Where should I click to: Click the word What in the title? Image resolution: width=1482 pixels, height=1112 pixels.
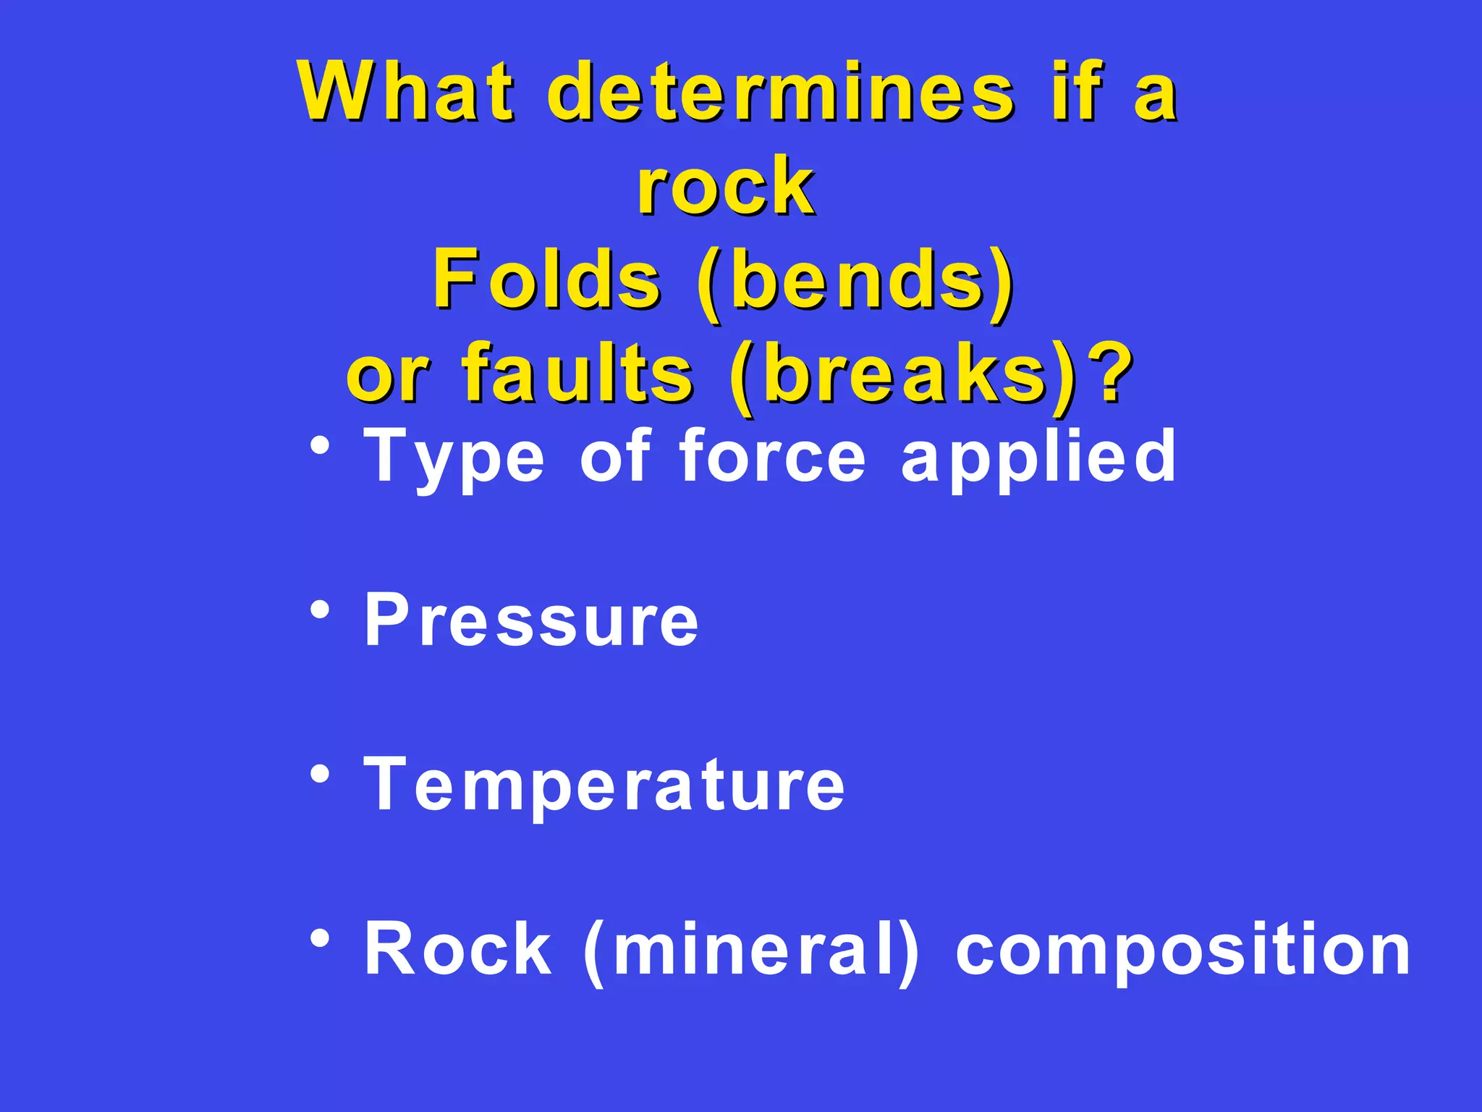[405, 93]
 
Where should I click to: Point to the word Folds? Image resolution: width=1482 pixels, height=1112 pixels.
[546, 279]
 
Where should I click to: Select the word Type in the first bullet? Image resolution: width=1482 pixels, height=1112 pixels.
[453, 458]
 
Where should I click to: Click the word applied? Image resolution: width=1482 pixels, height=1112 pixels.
[1038, 458]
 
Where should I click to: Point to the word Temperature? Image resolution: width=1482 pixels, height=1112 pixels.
[604, 785]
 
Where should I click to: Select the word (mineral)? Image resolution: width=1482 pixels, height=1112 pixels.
[751, 950]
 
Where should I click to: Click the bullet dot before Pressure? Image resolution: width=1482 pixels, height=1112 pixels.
[319, 610]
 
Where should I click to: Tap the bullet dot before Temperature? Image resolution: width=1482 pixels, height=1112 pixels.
[319, 775]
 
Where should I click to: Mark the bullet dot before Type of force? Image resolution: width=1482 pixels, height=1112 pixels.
[319, 446]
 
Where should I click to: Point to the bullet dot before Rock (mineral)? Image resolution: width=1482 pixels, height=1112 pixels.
[319, 939]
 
